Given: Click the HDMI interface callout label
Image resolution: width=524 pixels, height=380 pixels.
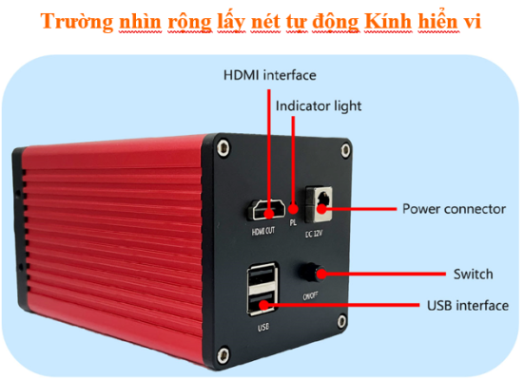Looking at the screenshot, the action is [270, 75].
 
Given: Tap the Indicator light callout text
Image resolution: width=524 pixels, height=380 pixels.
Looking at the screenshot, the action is [319, 106].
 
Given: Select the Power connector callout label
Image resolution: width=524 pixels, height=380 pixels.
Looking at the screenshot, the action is [454, 209].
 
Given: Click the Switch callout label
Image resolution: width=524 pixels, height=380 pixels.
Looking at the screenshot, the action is [474, 275].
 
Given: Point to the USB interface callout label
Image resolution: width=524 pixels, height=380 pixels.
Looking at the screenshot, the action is [468, 306].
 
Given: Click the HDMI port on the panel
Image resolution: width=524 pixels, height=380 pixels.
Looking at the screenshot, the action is [266, 210].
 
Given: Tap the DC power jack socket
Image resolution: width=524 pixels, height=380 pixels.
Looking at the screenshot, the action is [320, 204].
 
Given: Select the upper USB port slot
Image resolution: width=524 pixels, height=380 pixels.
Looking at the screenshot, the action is [262, 276].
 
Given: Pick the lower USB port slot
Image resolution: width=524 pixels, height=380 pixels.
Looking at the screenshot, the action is [262, 301].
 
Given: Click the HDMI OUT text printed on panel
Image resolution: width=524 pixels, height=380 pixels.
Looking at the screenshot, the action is [263, 231].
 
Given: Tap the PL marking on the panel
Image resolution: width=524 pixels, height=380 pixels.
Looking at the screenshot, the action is [293, 222].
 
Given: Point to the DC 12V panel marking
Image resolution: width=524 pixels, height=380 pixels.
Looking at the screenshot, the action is [314, 234].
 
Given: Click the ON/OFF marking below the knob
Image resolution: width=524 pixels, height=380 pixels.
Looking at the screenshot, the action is [310, 295].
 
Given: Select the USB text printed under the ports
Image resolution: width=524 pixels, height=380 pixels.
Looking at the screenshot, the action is [263, 327].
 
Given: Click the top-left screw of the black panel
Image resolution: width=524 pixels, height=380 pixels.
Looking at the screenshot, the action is [223, 147].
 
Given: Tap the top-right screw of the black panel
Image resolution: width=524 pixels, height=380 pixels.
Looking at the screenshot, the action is [345, 151].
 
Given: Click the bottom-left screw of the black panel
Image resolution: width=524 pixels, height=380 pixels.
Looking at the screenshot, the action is [223, 356].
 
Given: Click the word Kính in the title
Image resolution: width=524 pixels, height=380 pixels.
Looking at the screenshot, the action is [388, 22].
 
